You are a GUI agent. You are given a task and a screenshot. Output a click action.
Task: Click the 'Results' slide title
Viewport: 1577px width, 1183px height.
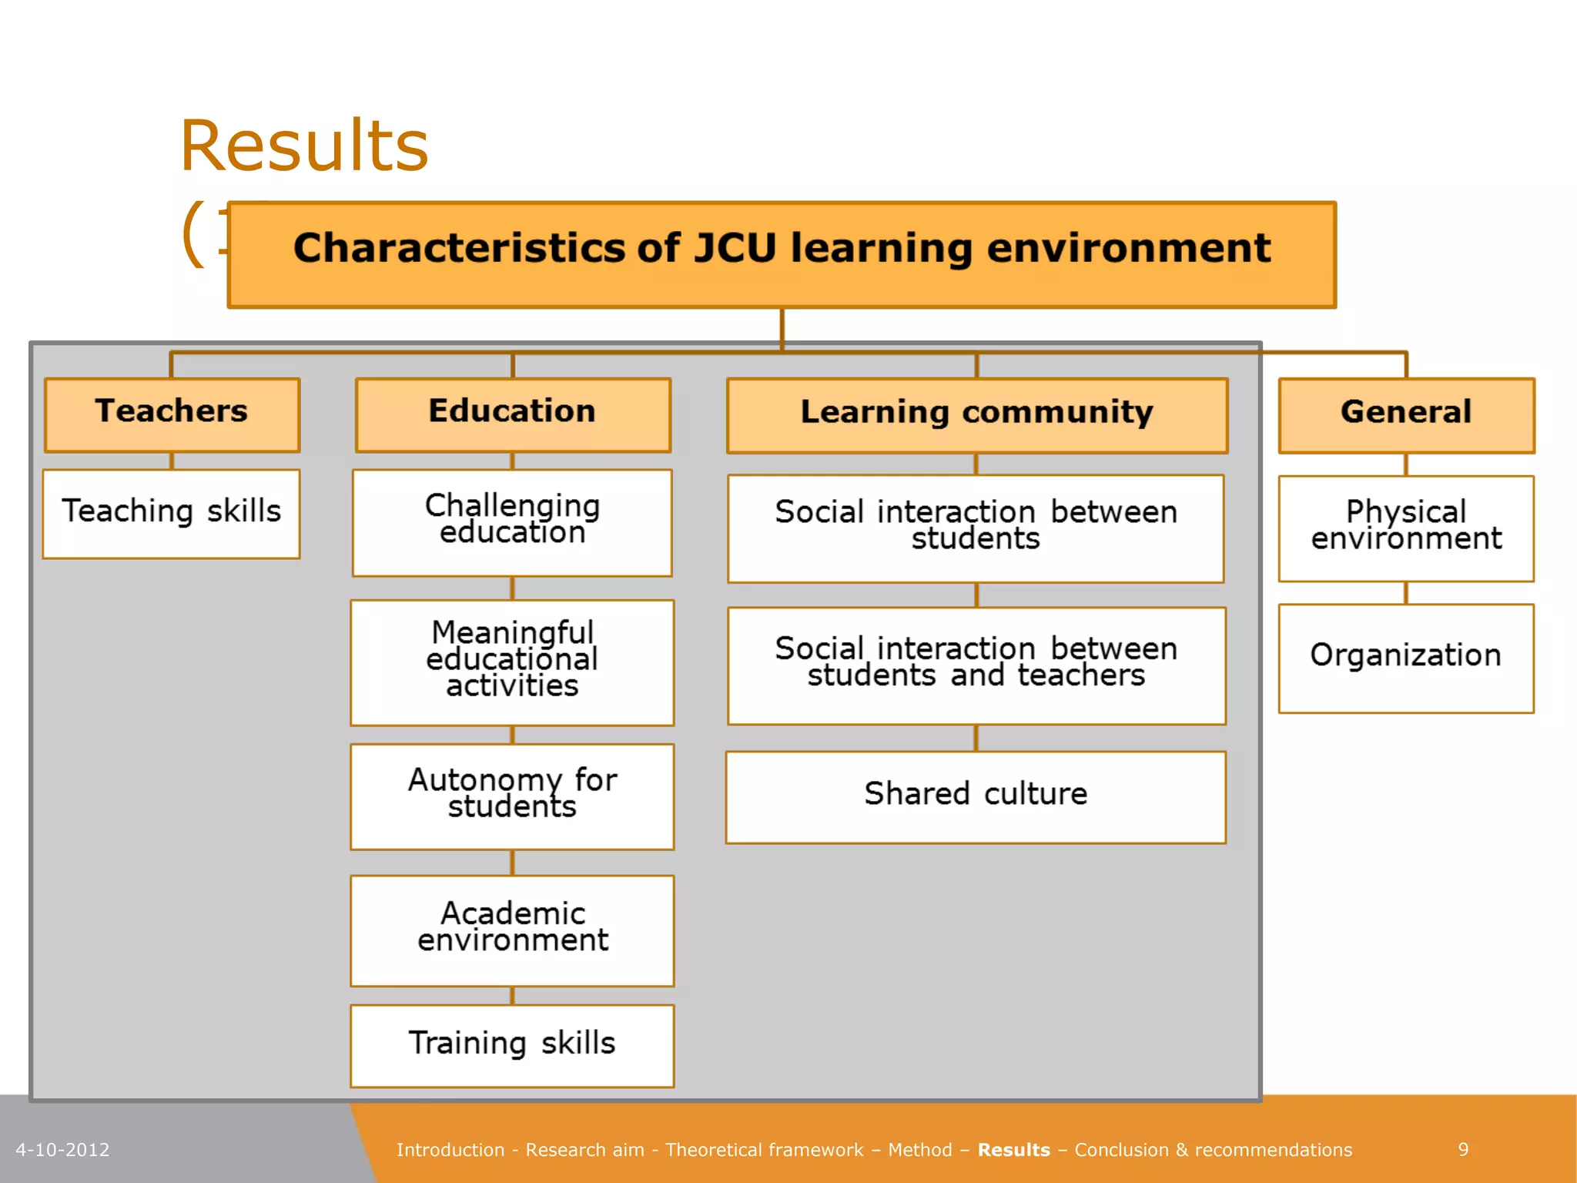click(303, 146)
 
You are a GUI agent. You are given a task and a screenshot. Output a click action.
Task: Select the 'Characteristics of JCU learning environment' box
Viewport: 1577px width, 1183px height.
click(782, 255)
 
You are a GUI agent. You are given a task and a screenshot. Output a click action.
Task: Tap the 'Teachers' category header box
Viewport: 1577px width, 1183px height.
click(172, 414)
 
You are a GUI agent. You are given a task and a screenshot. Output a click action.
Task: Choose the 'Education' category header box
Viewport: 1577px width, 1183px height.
click(513, 414)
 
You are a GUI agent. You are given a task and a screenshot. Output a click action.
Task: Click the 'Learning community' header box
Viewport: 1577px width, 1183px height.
click(976, 414)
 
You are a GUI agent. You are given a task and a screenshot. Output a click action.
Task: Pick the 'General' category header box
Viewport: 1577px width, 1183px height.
click(1406, 414)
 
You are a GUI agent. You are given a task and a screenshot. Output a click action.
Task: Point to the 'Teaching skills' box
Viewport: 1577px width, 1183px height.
click(171, 513)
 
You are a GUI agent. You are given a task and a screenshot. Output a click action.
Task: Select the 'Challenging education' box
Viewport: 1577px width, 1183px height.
click(512, 521)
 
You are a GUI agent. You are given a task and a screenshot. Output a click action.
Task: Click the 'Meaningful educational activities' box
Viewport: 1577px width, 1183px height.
click(512, 662)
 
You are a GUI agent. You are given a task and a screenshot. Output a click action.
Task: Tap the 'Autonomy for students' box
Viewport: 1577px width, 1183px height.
click(512, 796)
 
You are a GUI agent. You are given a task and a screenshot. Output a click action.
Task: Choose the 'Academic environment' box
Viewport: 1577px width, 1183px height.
click(512, 930)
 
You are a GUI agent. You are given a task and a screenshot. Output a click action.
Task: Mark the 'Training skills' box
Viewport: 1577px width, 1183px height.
click(512, 1045)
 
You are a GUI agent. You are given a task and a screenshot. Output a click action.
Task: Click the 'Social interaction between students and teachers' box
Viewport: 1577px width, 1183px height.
click(976, 665)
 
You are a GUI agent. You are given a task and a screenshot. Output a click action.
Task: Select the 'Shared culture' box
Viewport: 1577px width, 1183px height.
click(976, 796)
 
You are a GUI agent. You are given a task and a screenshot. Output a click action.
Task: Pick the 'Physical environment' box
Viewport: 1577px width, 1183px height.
click(1406, 528)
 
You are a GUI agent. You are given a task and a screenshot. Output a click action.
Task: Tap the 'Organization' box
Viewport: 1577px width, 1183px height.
click(1406, 658)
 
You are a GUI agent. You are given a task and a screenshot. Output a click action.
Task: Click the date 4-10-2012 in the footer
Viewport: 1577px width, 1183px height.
click(62, 1150)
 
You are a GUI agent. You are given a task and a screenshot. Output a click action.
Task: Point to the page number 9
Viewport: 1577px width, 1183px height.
click(1463, 1150)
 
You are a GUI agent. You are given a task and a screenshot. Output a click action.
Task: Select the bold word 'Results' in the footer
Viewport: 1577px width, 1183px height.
click(1013, 1150)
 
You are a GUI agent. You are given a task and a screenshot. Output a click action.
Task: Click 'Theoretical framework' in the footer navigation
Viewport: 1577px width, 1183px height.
click(764, 1150)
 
